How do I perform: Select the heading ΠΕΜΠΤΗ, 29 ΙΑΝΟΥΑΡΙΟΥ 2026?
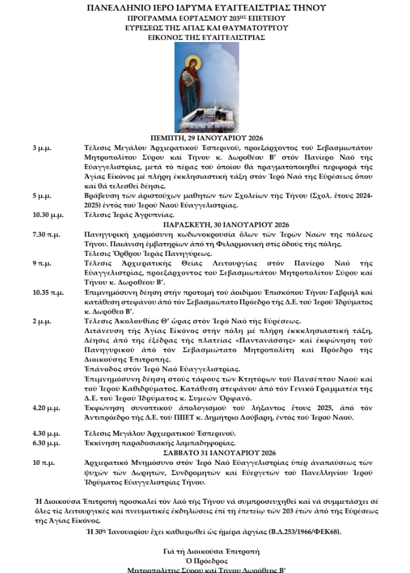[205, 139]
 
